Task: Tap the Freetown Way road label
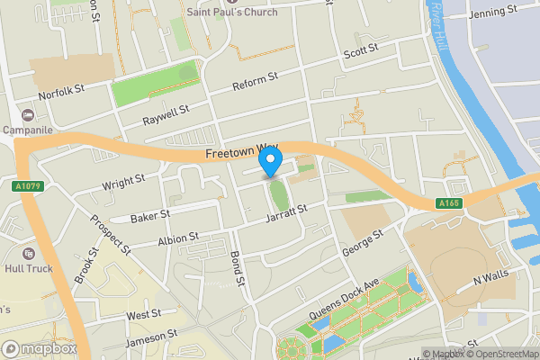tap(242, 154)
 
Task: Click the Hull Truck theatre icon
tap(28, 255)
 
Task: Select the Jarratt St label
tap(286, 213)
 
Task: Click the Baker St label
tap(149, 216)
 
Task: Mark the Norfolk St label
tap(61, 91)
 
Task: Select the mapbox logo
tap(40, 348)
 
